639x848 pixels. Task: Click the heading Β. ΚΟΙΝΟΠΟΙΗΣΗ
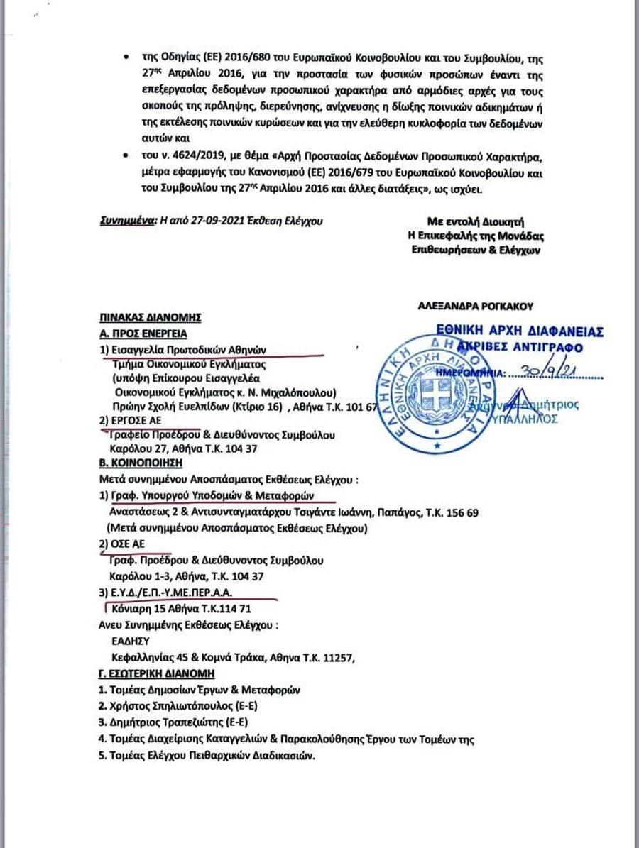coord(140,463)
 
